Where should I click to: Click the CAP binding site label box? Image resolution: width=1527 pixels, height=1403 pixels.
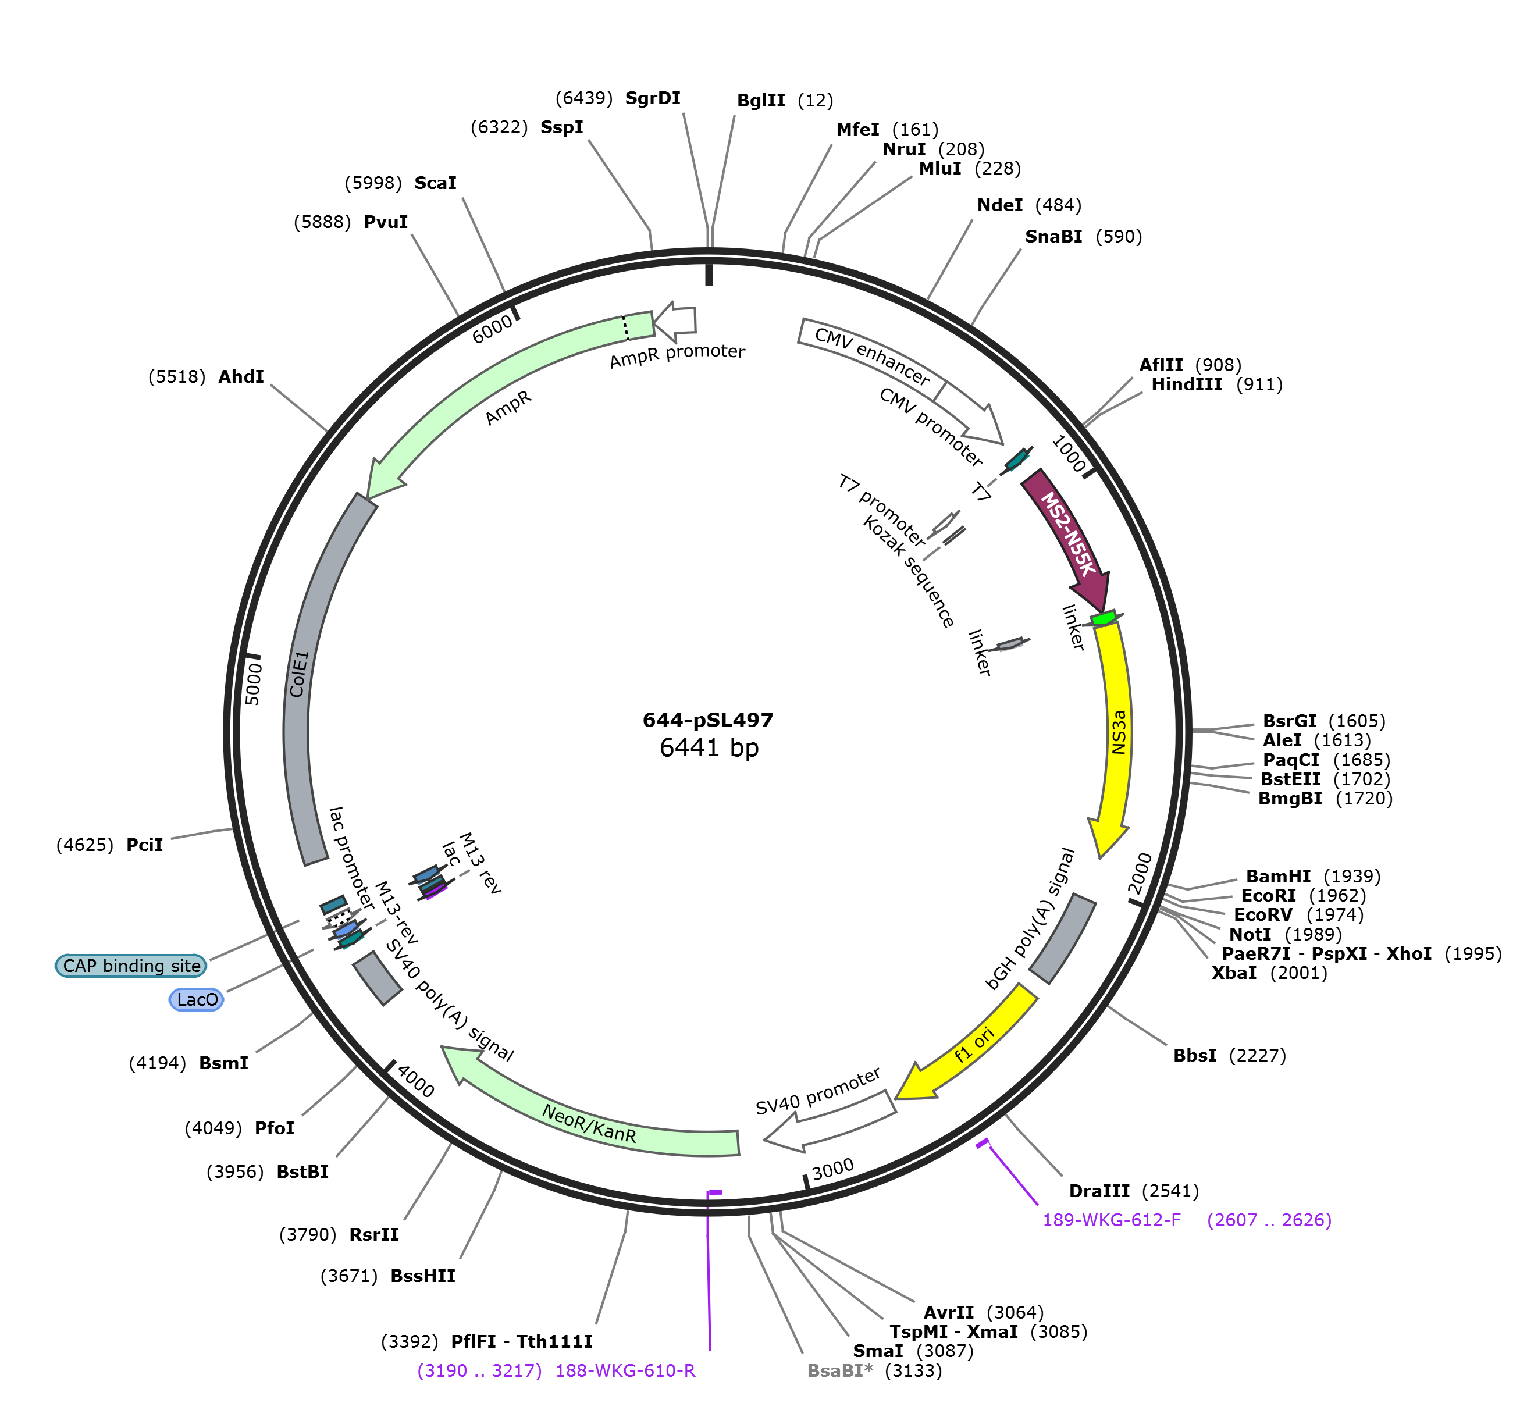pyautogui.click(x=131, y=966)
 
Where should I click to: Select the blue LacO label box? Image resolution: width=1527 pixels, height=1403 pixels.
pyautogui.click(x=197, y=1000)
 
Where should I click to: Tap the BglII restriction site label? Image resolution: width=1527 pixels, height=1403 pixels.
pyautogui.click(x=761, y=100)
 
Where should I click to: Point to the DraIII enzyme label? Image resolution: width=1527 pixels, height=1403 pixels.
pyautogui.click(x=1099, y=1191)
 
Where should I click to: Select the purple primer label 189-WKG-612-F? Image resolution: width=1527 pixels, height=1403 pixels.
pyautogui.click(x=1112, y=1220)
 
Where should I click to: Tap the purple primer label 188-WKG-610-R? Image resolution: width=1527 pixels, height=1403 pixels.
pyautogui.click(x=626, y=1371)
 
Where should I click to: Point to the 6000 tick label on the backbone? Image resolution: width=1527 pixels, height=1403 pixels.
pyautogui.click(x=493, y=329)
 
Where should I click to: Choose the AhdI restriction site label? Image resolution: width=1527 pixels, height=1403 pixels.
pyautogui.click(x=241, y=376)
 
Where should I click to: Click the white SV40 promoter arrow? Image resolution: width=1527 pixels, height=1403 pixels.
pyautogui.click(x=831, y=1120)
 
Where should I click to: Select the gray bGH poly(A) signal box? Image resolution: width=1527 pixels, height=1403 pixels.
pyautogui.click(x=1062, y=938)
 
